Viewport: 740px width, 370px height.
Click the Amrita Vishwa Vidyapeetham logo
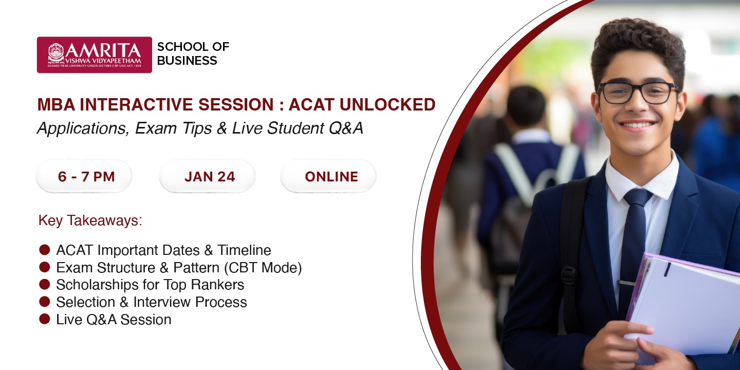pos(94,54)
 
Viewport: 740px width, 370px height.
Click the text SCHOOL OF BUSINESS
pos(193,54)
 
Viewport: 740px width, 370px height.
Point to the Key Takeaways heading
pos(90,221)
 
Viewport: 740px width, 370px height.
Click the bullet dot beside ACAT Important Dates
pos(45,250)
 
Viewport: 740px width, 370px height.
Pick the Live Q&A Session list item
pos(114,320)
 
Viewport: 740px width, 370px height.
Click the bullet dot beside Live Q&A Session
pos(45,319)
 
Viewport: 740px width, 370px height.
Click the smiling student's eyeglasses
pos(637,92)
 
